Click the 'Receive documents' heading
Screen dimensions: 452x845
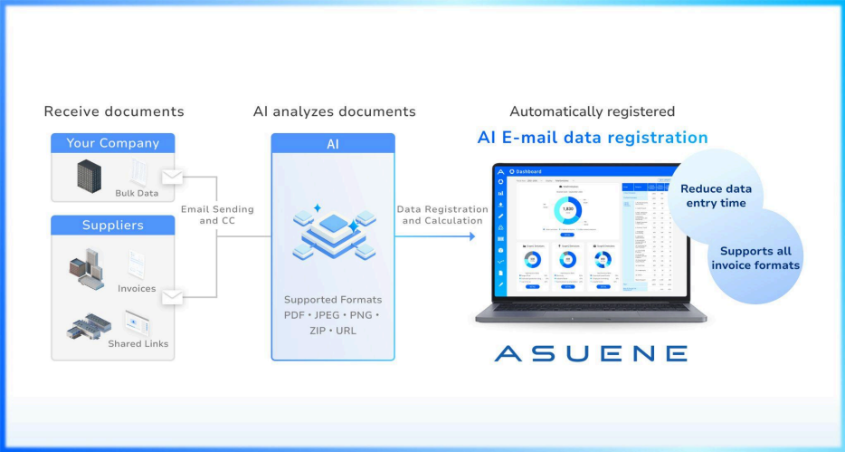tap(114, 111)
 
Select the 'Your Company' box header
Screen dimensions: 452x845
tap(113, 143)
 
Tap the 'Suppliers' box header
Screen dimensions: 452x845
tap(113, 225)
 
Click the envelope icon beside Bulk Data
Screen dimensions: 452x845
tap(172, 177)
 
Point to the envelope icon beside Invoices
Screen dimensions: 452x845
tap(172, 296)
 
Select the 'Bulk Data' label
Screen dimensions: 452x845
tap(137, 193)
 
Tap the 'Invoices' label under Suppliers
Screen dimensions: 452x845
tap(137, 289)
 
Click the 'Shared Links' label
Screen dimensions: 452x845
tap(138, 343)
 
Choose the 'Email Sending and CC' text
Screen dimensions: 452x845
tap(217, 215)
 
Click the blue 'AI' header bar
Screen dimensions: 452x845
tap(333, 144)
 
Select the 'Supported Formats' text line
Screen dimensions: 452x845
tap(333, 300)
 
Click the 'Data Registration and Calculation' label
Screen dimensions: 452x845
tap(440, 215)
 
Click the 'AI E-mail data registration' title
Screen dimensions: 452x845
tap(593, 138)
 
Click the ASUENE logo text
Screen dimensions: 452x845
tap(591, 353)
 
